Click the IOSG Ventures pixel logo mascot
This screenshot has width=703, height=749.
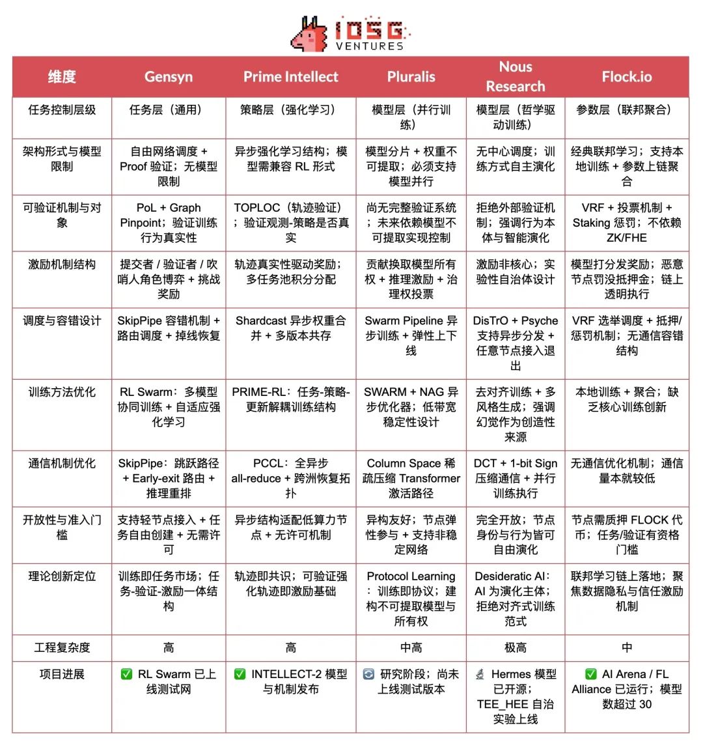pos(310,35)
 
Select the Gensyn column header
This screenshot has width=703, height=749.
pos(169,77)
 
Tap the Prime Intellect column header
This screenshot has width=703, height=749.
pos(290,77)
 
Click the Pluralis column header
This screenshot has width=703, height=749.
pos(411,77)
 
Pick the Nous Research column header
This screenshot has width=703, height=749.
pos(516,76)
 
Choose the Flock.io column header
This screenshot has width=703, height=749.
pos(626,77)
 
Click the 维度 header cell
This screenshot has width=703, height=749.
pos(62,77)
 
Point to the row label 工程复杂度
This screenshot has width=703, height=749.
pos(62,647)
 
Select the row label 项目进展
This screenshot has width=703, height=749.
pos(62,674)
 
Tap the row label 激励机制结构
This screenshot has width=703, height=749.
pos(62,264)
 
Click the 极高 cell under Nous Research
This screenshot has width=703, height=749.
pos(516,647)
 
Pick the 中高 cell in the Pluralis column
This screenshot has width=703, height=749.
pos(411,647)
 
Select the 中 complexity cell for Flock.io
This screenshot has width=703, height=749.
pos(626,647)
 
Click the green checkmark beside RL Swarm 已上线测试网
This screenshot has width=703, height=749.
pos(126,674)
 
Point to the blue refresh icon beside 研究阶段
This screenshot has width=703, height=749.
pos(368,674)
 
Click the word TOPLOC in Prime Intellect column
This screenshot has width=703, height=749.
pos(257,208)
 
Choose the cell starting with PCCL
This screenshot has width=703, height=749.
pos(290,478)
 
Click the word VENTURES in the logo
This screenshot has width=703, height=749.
pos(370,46)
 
